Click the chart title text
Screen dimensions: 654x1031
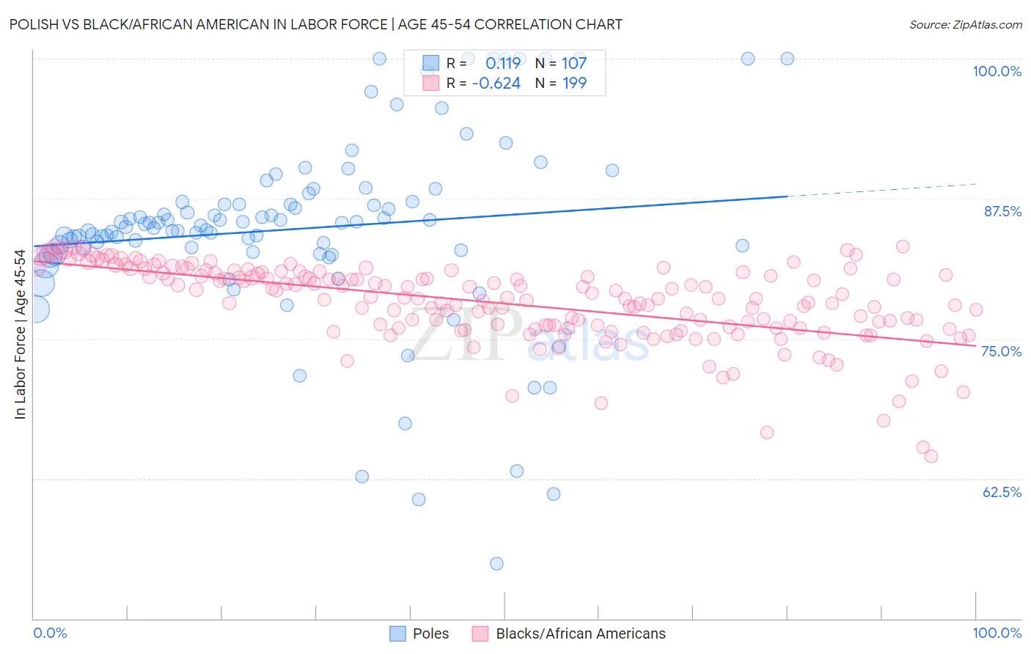pyautogui.click(x=316, y=24)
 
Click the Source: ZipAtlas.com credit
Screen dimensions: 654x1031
pyautogui.click(x=965, y=24)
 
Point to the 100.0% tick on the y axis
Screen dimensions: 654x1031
pyautogui.click(x=997, y=71)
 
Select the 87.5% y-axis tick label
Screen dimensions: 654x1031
pyautogui.click(x=1002, y=211)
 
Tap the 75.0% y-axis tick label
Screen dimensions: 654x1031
pyautogui.click(x=1001, y=351)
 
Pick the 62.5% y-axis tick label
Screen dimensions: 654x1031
pyautogui.click(x=1002, y=492)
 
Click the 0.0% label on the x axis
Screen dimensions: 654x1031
pyautogui.click(x=50, y=633)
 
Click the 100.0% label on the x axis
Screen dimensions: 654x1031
pyautogui.click(x=997, y=633)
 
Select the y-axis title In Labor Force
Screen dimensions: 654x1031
pyautogui.click(x=20, y=334)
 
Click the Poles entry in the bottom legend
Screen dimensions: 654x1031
pyautogui.click(x=430, y=633)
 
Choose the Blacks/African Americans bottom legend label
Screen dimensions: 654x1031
pyautogui.click(x=581, y=633)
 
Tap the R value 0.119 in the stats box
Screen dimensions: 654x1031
pyautogui.click(x=503, y=63)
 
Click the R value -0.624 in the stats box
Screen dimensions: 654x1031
pyautogui.click(x=496, y=83)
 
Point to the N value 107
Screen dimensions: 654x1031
pyautogui.click(x=574, y=63)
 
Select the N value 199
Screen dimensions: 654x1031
pyautogui.click(x=574, y=83)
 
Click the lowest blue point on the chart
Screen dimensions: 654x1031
pyautogui.click(x=496, y=564)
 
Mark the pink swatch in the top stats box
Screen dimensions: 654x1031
pyautogui.click(x=430, y=83)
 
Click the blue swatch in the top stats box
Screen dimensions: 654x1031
pyautogui.click(x=430, y=63)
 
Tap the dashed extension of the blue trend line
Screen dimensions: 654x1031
pyautogui.click(x=880, y=190)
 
